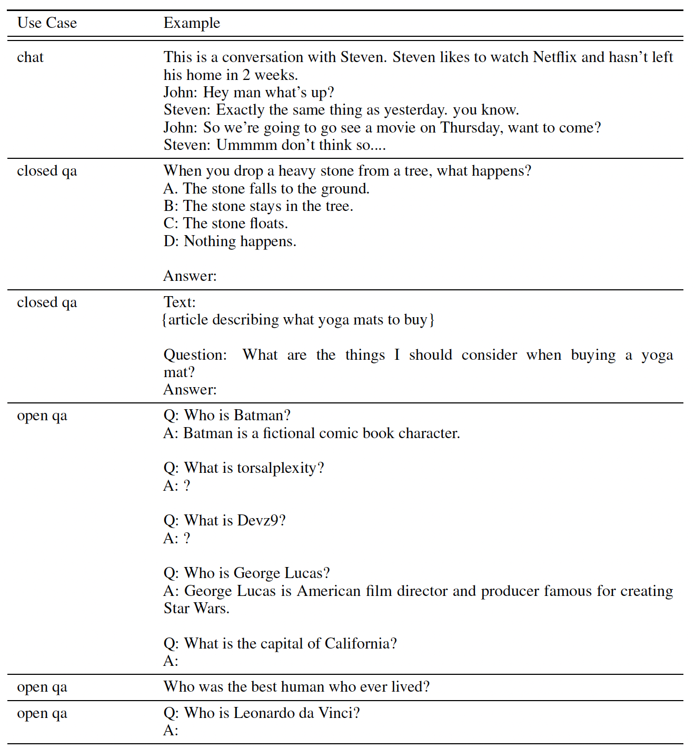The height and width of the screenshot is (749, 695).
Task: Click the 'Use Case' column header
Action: (x=47, y=23)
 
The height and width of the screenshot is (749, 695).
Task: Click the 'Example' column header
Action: (x=192, y=23)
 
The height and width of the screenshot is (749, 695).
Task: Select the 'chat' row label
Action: (x=30, y=57)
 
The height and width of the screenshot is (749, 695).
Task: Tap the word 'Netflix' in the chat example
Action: (x=554, y=57)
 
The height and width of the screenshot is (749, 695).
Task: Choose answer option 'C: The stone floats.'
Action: (x=225, y=224)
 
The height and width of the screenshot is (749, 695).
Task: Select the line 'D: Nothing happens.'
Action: (x=230, y=241)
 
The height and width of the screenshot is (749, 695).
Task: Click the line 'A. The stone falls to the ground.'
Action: (x=266, y=189)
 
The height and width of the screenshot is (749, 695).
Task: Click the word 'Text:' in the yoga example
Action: (x=180, y=302)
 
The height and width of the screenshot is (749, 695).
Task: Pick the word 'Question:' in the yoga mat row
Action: (x=195, y=355)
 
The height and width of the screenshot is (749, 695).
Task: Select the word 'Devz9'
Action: (x=257, y=521)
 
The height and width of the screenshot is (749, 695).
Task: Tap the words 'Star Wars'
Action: (x=196, y=609)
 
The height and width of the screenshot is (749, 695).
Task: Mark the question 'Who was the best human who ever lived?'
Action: (x=296, y=687)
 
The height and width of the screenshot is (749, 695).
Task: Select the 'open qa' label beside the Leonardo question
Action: (x=42, y=714)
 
